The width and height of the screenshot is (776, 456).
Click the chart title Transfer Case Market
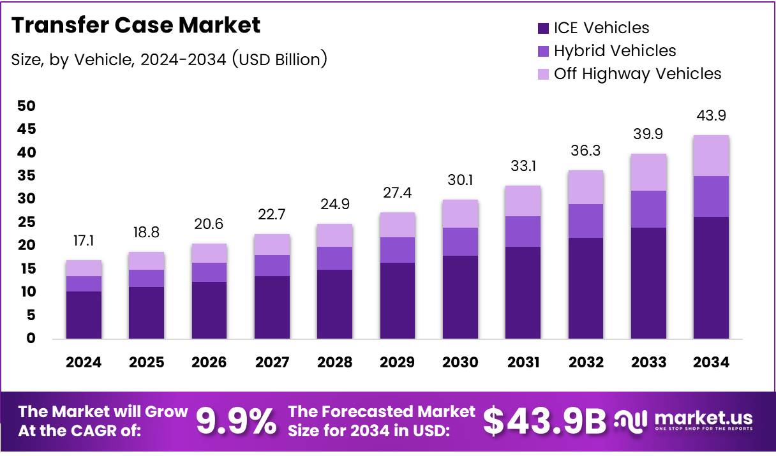click(136, 26)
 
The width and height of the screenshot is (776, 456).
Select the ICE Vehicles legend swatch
click(544, 28)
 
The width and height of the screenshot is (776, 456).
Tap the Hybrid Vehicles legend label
click(615, 50)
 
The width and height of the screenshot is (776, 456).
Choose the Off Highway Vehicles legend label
click(638, 73)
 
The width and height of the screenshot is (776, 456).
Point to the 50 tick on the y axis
click(27, 106)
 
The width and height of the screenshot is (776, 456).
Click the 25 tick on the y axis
click(27, 222)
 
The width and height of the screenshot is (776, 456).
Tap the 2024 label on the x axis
click(84, 362)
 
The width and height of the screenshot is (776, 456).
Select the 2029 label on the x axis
click(398, 362)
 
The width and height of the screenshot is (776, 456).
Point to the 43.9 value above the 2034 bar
click(711, 116)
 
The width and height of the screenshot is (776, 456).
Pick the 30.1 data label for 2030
click(460, 181)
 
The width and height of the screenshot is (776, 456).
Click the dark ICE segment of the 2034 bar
click(711, 277)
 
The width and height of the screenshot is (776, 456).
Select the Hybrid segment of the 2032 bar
click(586, 221)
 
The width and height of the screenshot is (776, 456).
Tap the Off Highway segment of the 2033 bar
click(648, 172)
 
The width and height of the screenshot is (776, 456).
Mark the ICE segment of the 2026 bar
click(209, 310)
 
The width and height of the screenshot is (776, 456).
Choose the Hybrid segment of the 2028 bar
click(335, 258)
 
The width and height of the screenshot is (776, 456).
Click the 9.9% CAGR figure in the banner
click(236, 420)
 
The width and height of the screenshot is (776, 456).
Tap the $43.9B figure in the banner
click(544, 420)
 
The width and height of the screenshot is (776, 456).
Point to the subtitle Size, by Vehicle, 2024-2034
click(169, 59)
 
